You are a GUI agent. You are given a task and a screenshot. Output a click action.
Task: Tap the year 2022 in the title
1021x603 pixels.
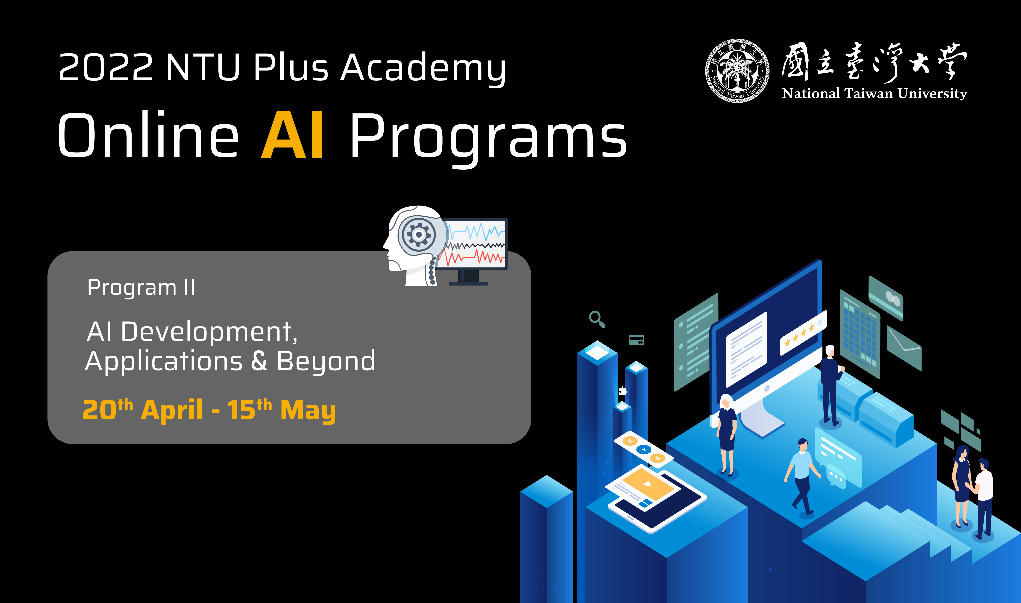click(106, 67)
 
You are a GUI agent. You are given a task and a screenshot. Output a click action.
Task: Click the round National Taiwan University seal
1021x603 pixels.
click(737, 71)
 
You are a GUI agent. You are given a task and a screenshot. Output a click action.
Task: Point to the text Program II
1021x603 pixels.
click(141, 288)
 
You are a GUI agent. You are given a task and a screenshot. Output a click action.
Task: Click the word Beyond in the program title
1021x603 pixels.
click(326, 361)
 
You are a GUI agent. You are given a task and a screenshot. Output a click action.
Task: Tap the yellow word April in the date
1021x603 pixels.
click(172, 410)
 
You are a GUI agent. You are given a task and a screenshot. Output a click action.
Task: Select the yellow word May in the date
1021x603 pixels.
click(308, 411)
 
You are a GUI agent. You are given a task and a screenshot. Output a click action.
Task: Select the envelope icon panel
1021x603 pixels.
click(903, 348)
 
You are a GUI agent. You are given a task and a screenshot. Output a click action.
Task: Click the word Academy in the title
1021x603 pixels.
click(423, 68)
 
